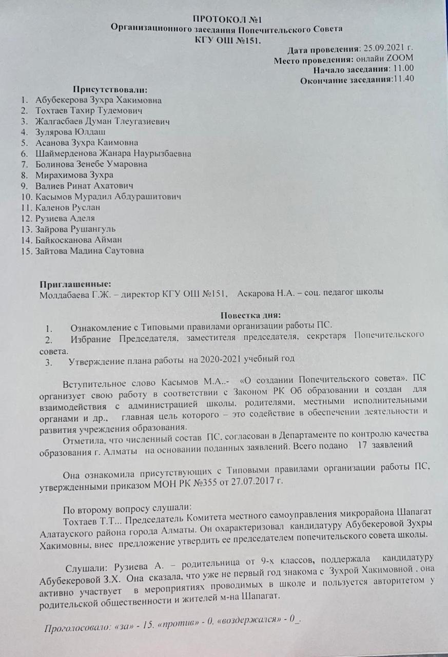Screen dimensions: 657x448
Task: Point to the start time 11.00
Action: (403, 69)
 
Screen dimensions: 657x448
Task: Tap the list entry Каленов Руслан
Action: (68, 207)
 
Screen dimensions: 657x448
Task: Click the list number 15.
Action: (26, 251)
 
